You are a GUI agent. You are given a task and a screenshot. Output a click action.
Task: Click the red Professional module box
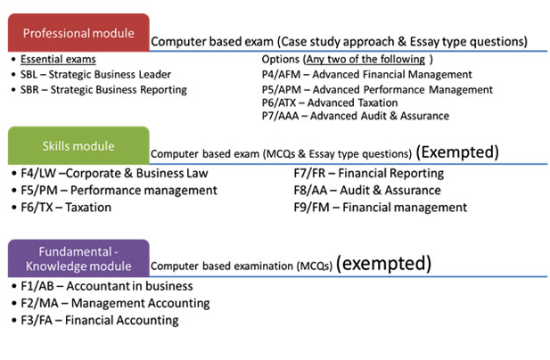(x=78, y=33)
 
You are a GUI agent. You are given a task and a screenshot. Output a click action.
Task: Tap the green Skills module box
(x=78, y=145)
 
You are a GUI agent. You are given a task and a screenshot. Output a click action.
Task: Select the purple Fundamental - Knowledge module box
(x=78, y=258)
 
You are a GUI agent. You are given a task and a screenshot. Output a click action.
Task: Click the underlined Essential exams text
(x=58, y=59)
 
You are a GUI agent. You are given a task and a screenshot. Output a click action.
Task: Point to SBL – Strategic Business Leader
(x=95, y=74)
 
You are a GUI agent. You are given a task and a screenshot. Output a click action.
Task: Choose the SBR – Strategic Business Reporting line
(x=103, y=90)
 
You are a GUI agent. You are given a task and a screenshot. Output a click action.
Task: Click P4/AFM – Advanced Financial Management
(x=366, y=74)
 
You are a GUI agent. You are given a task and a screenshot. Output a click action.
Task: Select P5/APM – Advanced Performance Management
(x=377, y=90)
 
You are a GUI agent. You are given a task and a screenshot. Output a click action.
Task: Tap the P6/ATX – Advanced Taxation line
(x=329, y=102)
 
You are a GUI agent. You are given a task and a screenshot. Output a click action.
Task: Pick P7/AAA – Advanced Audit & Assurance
(x=356, y=116)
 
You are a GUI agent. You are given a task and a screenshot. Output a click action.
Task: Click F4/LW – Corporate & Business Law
(x=114, y=173)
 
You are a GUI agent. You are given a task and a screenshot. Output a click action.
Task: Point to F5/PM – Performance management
(x=119, y=191)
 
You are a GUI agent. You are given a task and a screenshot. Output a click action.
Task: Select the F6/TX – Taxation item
(x=66, y=208)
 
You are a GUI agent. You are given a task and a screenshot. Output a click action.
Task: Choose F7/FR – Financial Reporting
(x=369, y=173)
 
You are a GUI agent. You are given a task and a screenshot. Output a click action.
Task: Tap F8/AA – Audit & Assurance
(x=367, y=191)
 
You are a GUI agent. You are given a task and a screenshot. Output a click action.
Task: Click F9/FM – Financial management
(x=381, y=208)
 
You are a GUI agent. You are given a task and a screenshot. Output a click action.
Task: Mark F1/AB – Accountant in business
(x=107, y=286)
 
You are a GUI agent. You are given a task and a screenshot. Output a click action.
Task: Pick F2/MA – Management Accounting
(x=115, y=303)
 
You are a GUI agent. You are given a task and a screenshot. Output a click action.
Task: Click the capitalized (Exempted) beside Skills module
(x=457, y=152)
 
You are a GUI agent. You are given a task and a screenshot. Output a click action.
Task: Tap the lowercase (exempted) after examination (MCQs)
(x=383, y=263)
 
